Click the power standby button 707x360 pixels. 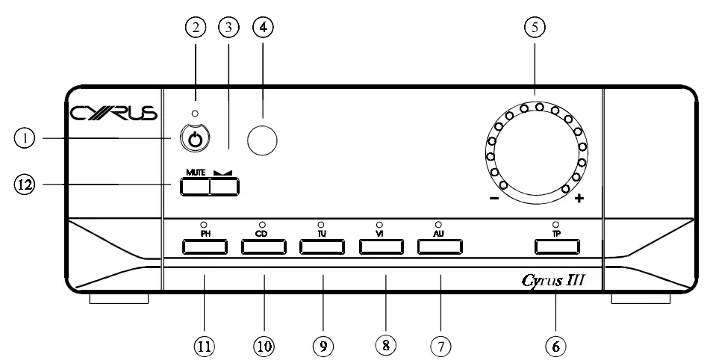tap(196, 139)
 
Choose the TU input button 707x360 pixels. tap(322, 246)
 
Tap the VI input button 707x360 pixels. tap(381, 246)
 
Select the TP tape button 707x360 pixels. tap(555, 246)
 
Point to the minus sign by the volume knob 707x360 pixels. tap(493, 199)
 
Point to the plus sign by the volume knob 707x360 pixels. tap(579, 199)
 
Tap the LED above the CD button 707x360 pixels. tap(263, 223)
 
